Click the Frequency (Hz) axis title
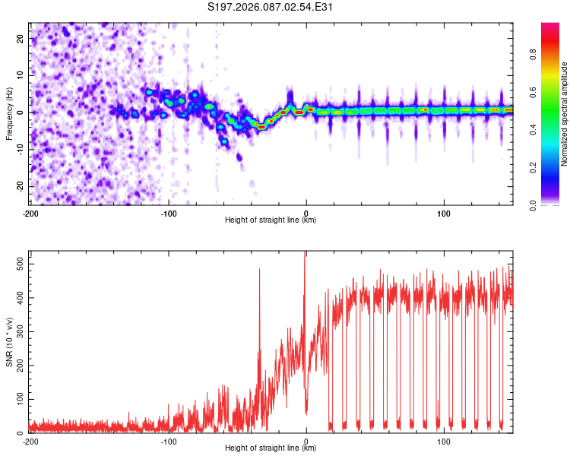[9, 112]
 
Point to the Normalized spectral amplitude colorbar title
[565, 114]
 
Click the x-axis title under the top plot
[271, 220]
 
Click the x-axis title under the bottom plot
[271, 448]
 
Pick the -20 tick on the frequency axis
[20, 186]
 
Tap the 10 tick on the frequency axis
[21, 75]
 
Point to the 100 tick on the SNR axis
[18, 399]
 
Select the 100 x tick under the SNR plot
[444, 440]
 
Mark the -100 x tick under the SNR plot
[169, 440]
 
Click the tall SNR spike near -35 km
[259, 274]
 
